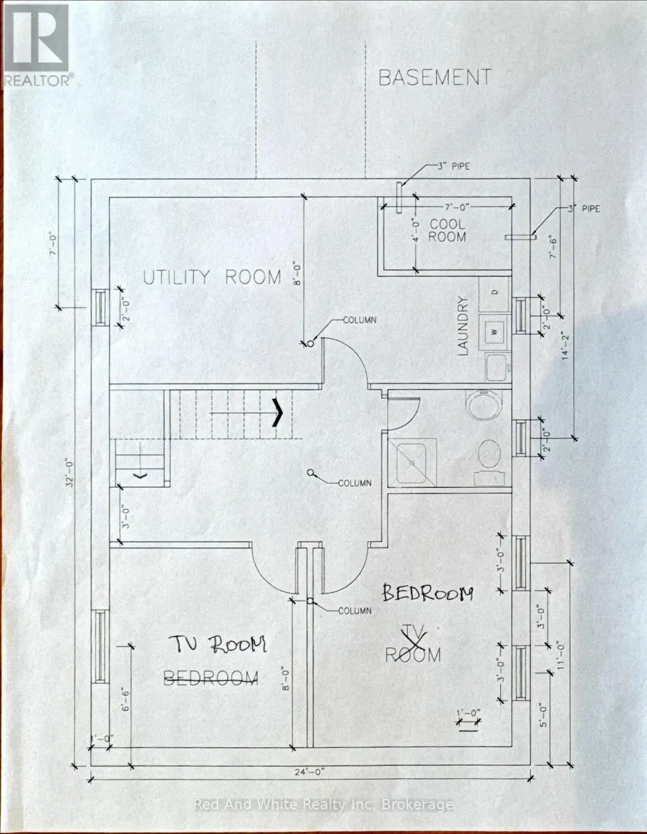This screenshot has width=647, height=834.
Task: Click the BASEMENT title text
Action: coord(435,78)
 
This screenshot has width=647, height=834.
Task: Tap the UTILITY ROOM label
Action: coord(212,277)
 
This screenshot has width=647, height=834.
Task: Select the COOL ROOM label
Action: coord(447,230)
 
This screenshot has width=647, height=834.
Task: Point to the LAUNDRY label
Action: coord(464,326)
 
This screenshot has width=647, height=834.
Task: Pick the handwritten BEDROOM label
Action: coord(428,594)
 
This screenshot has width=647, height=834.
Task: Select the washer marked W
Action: coord(494,332)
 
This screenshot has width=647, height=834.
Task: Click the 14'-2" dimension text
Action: coord(566,345)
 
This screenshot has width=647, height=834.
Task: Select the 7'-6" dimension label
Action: coord(553,247)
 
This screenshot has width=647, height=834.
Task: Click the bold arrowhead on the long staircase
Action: coord(278,412)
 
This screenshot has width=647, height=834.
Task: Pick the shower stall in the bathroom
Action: coord(412,463)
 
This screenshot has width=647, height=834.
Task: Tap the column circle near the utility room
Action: coord(311,343)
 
